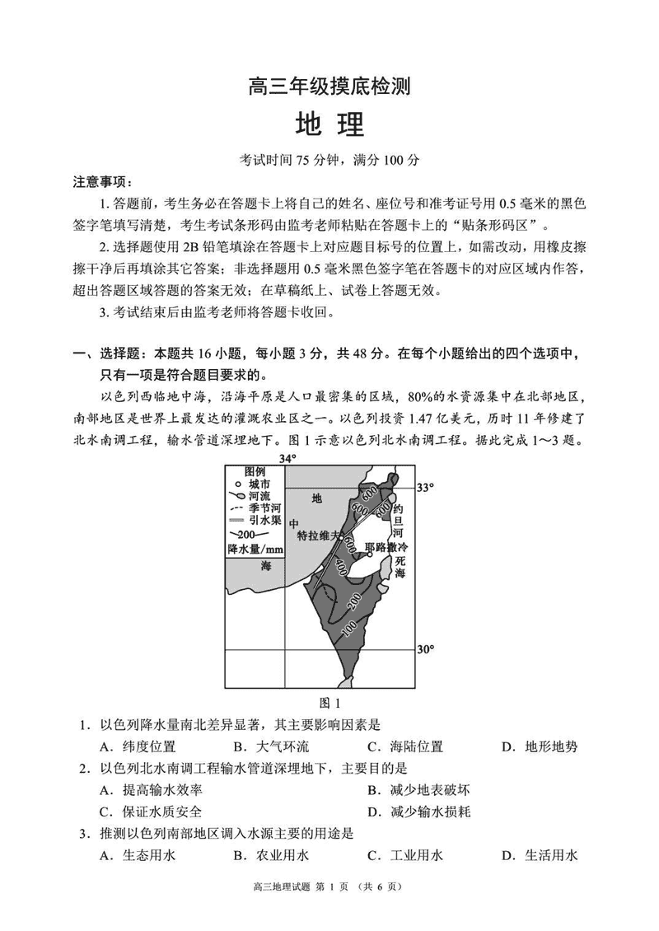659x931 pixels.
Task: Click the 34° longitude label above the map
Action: (x=286, y=458)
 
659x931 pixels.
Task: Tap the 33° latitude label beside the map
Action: (x=425, y=488)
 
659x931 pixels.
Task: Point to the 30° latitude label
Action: (x=425, y=649)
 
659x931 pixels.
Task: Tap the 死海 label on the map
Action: (x=401, y=564)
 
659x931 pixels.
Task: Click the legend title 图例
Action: (x=245, y=473)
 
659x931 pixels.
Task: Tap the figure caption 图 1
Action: (x=329, y=703)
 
